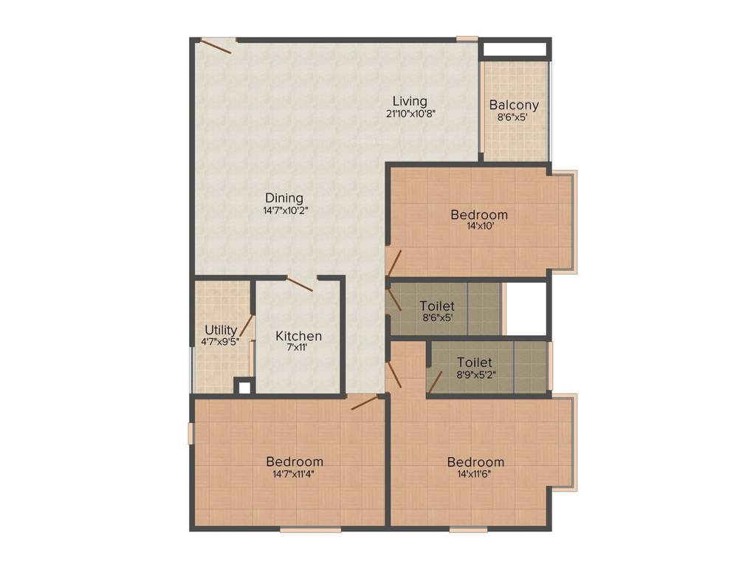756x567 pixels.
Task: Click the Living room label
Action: point(409,101)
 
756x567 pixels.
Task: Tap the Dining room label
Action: point(284,198)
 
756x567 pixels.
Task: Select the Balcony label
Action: point(514,105)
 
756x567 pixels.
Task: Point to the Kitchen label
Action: point(298,336)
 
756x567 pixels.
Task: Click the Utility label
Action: point(221,330)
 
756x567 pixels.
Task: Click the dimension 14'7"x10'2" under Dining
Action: point(284,210)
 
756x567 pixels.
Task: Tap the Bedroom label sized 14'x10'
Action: point(479,215)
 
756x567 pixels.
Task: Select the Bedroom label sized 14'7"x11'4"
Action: point(295,461)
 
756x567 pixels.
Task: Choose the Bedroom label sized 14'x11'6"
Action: point(475,461)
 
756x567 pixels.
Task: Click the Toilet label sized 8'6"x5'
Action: point(437,306)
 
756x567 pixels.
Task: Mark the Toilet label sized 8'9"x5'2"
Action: point(474,362)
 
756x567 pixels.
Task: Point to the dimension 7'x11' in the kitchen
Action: point(298,348)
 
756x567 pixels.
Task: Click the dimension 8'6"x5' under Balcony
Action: point(514,117)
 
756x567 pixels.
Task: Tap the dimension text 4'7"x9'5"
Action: point(220,342)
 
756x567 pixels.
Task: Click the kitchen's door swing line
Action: point(300,284)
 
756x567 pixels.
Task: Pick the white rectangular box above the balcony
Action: point(515,50)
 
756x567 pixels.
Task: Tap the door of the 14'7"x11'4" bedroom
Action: point(365,402)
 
